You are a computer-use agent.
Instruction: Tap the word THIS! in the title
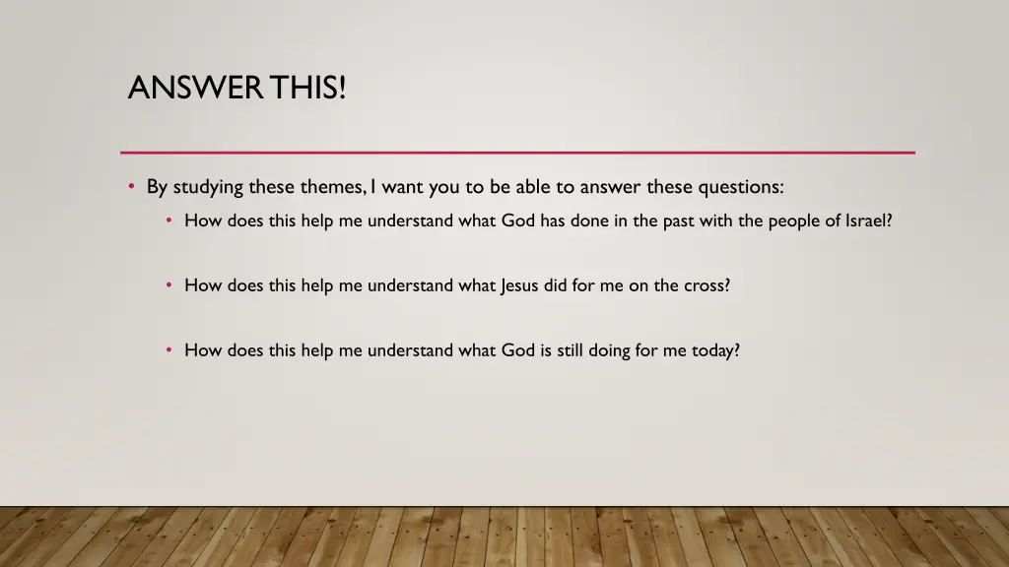pyautogui.click(x=310, y=88)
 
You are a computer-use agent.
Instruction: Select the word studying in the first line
pyautogui.click(x=208, y=187)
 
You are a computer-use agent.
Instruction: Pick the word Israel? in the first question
pyautogui.click(x=869, y=220)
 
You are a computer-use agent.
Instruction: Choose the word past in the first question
pyautogui.click(x=679, y=220)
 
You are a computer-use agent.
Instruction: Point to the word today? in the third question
pyautogui.click(x=715, y=350)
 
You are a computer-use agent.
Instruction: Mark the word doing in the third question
pyautogui.click(x=609, y=350)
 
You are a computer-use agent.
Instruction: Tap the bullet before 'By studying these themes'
pyautogui.click(x=131, y=186)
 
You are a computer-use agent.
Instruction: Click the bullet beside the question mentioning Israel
pyautogui.click(x=169, y=220)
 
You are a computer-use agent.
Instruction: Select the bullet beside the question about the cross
pyautogui.click(x=169, y=285)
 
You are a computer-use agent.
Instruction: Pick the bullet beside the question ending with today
pyautogui.click(x=169, y=349)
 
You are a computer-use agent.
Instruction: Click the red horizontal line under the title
pyautogui.click(x=517, y=153)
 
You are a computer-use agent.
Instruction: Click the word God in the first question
pyautogui.click(x=517, y=220)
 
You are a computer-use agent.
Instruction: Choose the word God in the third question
pyautogui.click(x=517, y=349)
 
